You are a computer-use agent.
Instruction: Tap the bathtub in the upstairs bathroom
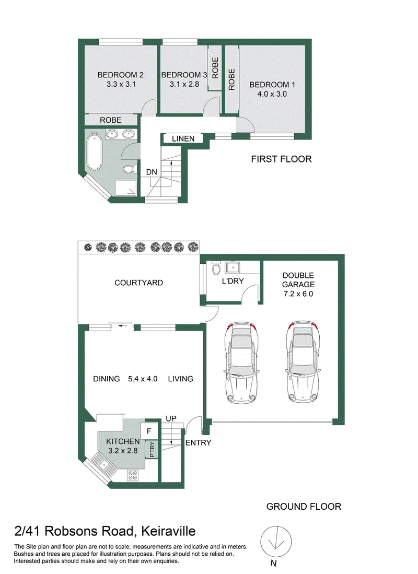tap(94, 152)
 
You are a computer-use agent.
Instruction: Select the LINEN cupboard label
tap(183, 139)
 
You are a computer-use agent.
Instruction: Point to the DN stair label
tap(152, 172)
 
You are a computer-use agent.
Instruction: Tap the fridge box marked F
tap(149, 431)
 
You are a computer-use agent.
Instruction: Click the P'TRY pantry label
tap(152, 449)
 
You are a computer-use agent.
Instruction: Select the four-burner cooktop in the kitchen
tap(133, 475)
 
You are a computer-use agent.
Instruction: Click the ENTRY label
tap(198, 442)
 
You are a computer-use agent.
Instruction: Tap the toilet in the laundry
tap(216, 268)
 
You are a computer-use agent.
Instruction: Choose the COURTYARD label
tap(138, 283)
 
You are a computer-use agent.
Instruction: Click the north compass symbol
tap(276, 541)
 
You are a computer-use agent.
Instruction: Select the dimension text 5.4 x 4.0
tap(143, 379)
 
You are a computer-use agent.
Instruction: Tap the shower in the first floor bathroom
tap(125, 188)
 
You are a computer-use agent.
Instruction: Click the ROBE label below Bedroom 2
tap(111, 120)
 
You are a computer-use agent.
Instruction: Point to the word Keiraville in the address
tap(169, 531)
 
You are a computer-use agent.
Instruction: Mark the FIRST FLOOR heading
tap(281, 159)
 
